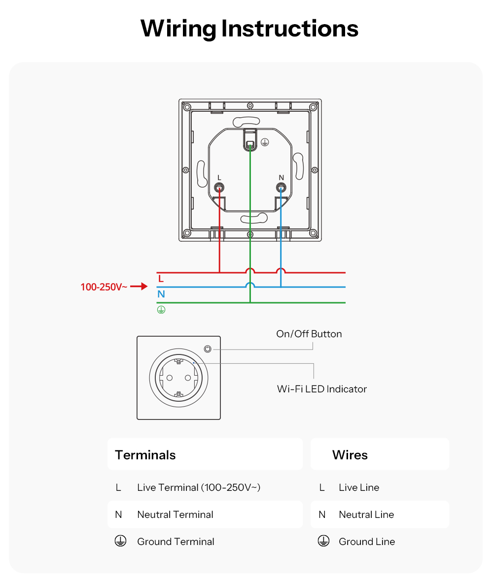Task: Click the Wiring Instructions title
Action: [249, 29]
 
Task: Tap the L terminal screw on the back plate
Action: [219, 187]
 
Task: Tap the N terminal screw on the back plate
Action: [281, 187]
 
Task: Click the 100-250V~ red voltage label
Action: [104, 287]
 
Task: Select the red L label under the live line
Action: [161, 279]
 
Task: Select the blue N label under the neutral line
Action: [161, 294]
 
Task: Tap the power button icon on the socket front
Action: [208, 349]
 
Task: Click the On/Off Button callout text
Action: [309, 334]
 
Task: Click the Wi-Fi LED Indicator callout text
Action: [322, 389]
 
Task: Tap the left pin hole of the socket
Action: [169, 378]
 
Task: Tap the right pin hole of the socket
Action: [188, 378]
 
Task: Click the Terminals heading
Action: [145, 455]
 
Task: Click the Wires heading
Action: [350, 455]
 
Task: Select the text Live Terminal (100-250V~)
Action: [199, 487]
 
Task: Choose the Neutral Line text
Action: [366, 514]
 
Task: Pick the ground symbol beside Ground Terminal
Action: [119, 541]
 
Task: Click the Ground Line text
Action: [367, 542]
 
